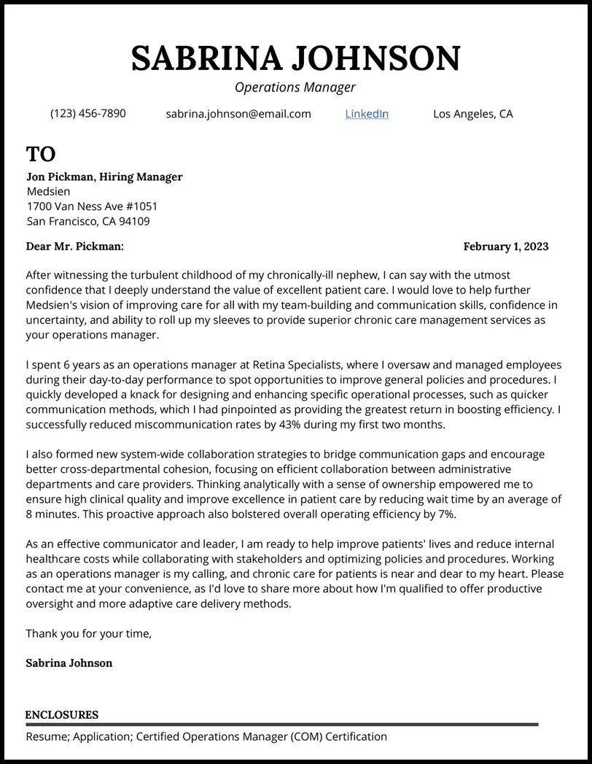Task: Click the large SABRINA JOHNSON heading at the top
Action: coord(295,58)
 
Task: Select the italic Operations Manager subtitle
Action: coord(295,88)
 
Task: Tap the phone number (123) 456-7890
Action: coord(87,114)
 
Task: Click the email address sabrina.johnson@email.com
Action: coord(238,114)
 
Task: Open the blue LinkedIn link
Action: coord(367,114)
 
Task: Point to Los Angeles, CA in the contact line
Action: coord(472,114)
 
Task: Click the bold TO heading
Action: coord(41,154)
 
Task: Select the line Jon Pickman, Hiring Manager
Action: coord(104,177)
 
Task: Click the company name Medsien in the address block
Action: coord(48,192)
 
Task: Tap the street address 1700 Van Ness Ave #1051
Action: coord(92,207)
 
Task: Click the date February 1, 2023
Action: coord(505,247)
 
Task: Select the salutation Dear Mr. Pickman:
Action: coord(74,247)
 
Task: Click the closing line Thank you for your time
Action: coord(88,633)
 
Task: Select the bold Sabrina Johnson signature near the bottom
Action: coord(69,663)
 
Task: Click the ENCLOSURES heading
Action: coord(62,715)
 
